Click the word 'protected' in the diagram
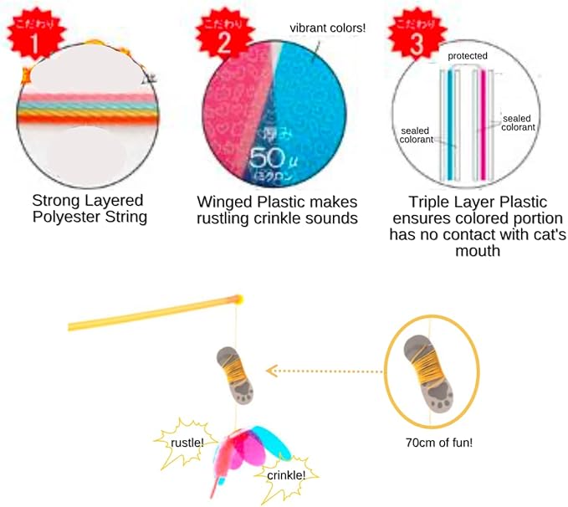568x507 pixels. [468, 56]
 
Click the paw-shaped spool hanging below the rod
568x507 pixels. [239, 375]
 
